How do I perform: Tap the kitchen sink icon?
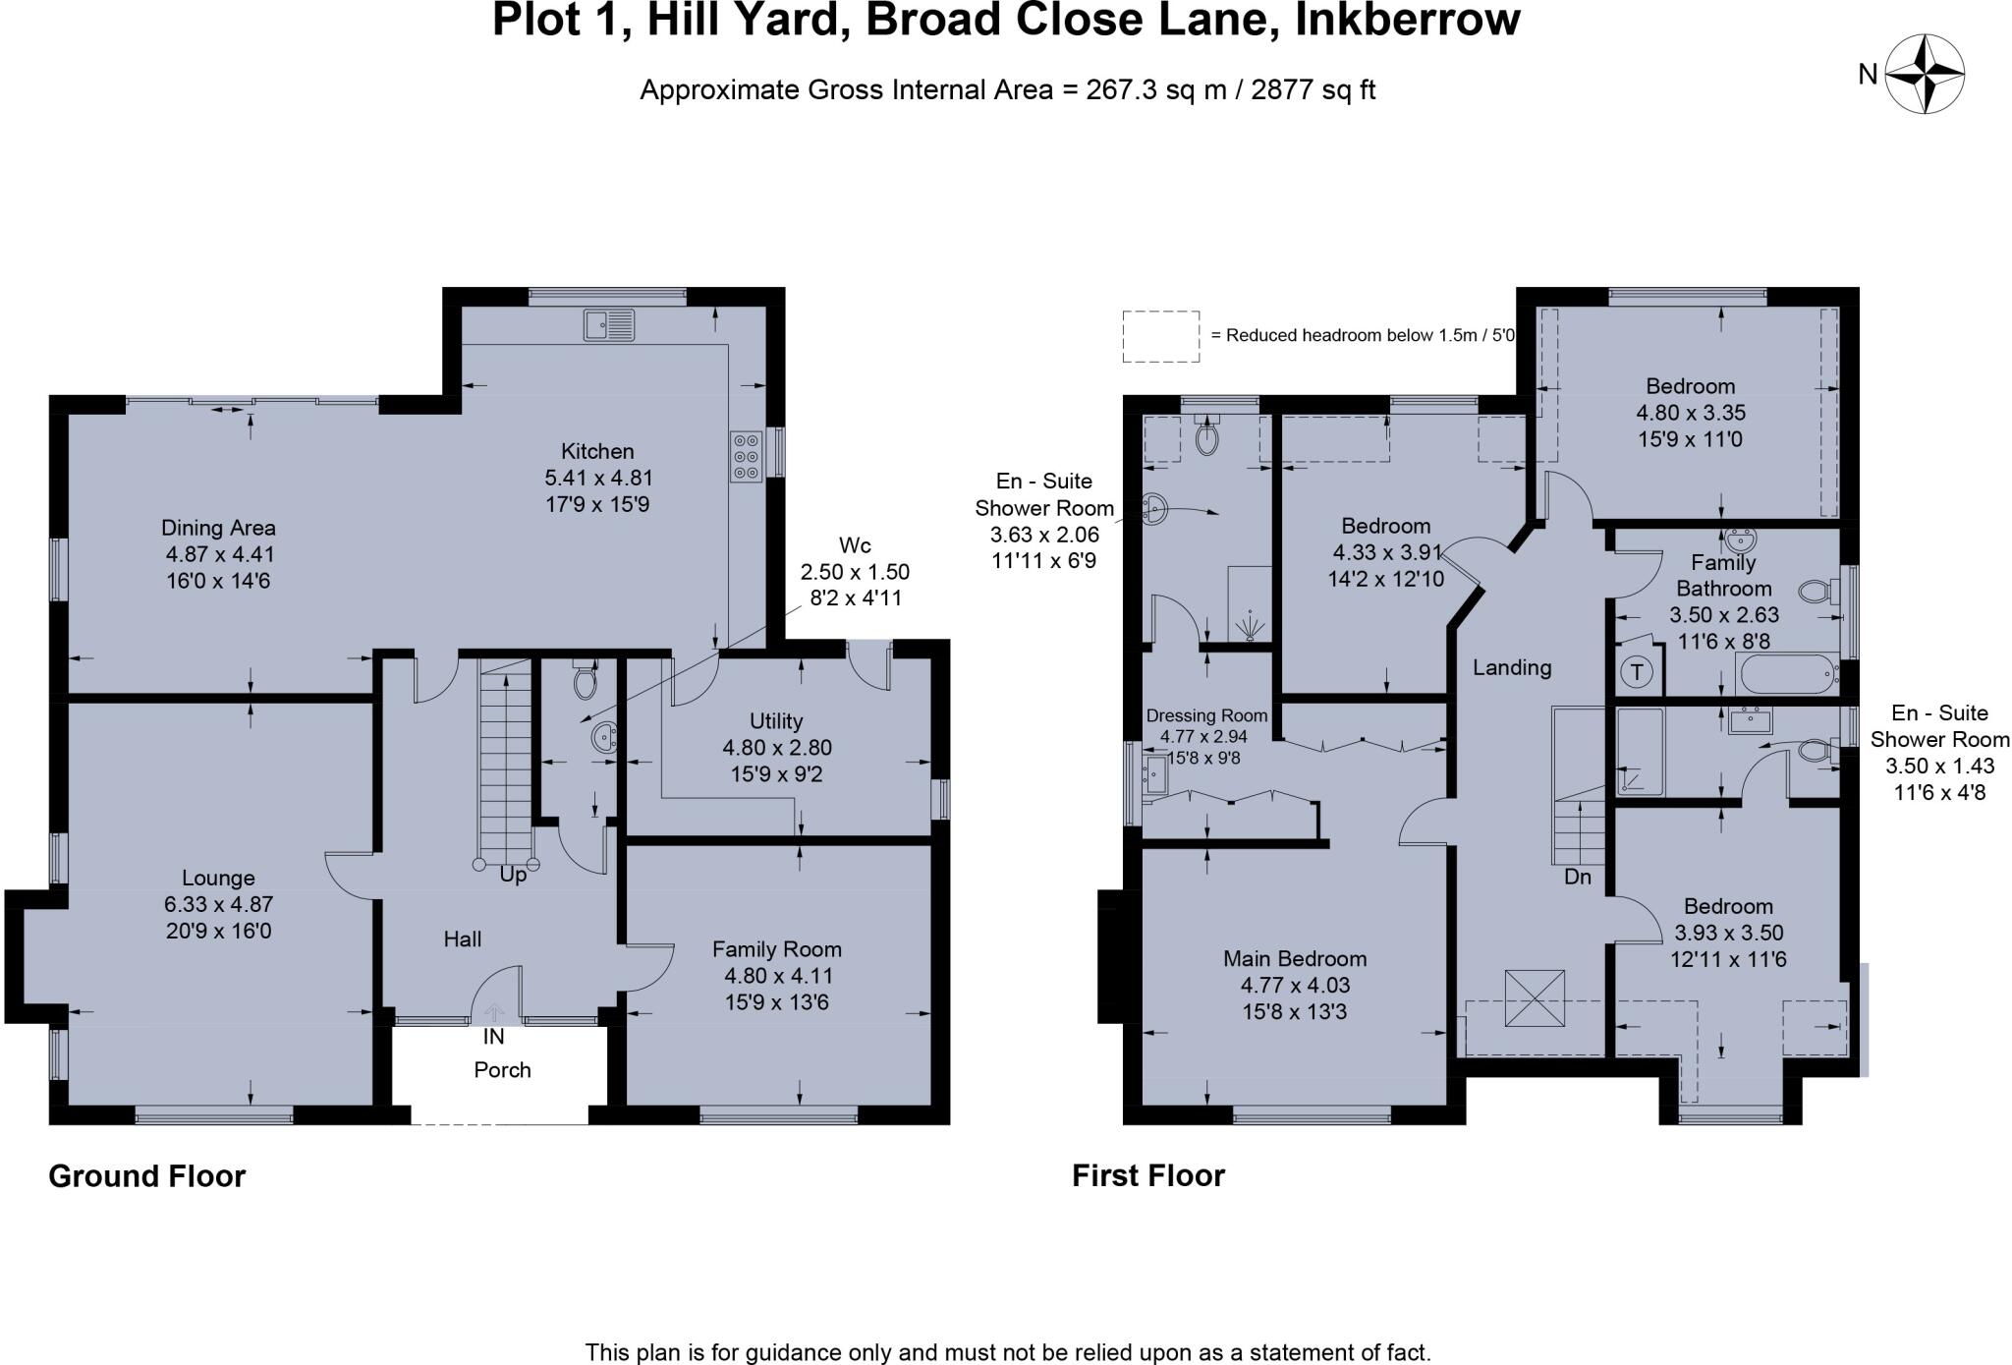click(609, 323)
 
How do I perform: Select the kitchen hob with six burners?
click(746, 457)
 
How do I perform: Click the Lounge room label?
click(218, 878)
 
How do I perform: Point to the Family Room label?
click(776, 949)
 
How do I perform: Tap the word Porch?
click(502, 1070)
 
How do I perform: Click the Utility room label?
click(776, 721)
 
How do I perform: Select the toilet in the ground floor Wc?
click(586, 678)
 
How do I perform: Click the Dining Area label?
click(218, 528)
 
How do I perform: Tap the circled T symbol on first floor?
click(1637, 673)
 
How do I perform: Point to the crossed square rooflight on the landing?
click(1534, 998)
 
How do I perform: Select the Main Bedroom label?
click(1295, 958)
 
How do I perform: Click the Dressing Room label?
click(1206, 716)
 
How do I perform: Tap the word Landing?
click(1511, 668)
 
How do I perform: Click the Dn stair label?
click(1577, 877)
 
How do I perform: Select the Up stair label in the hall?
click(513, 875)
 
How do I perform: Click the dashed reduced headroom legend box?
click(1160, 336)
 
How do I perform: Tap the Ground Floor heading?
click(147, 1176)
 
